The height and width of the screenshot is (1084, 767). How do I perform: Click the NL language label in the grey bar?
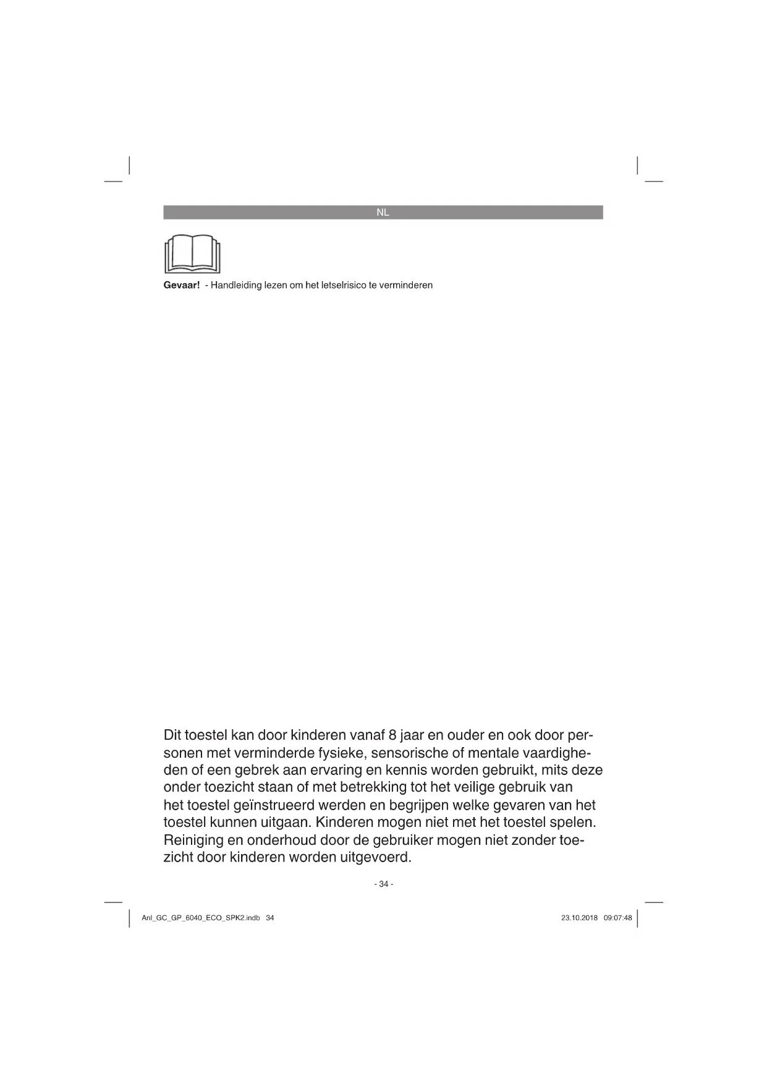tap(383, 213)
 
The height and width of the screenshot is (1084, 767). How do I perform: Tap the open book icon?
tap(192, 254)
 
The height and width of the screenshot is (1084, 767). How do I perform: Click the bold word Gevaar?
tap(182, 286)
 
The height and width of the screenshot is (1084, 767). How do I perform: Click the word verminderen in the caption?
tap(406, 286)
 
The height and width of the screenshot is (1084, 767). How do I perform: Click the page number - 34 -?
tap(383, 884)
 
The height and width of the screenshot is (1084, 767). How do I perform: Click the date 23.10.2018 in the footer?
tap(579, 918)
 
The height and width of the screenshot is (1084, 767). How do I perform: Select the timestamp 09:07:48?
tap(617, 918)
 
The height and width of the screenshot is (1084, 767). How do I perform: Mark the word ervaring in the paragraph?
tap(355, 770)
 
